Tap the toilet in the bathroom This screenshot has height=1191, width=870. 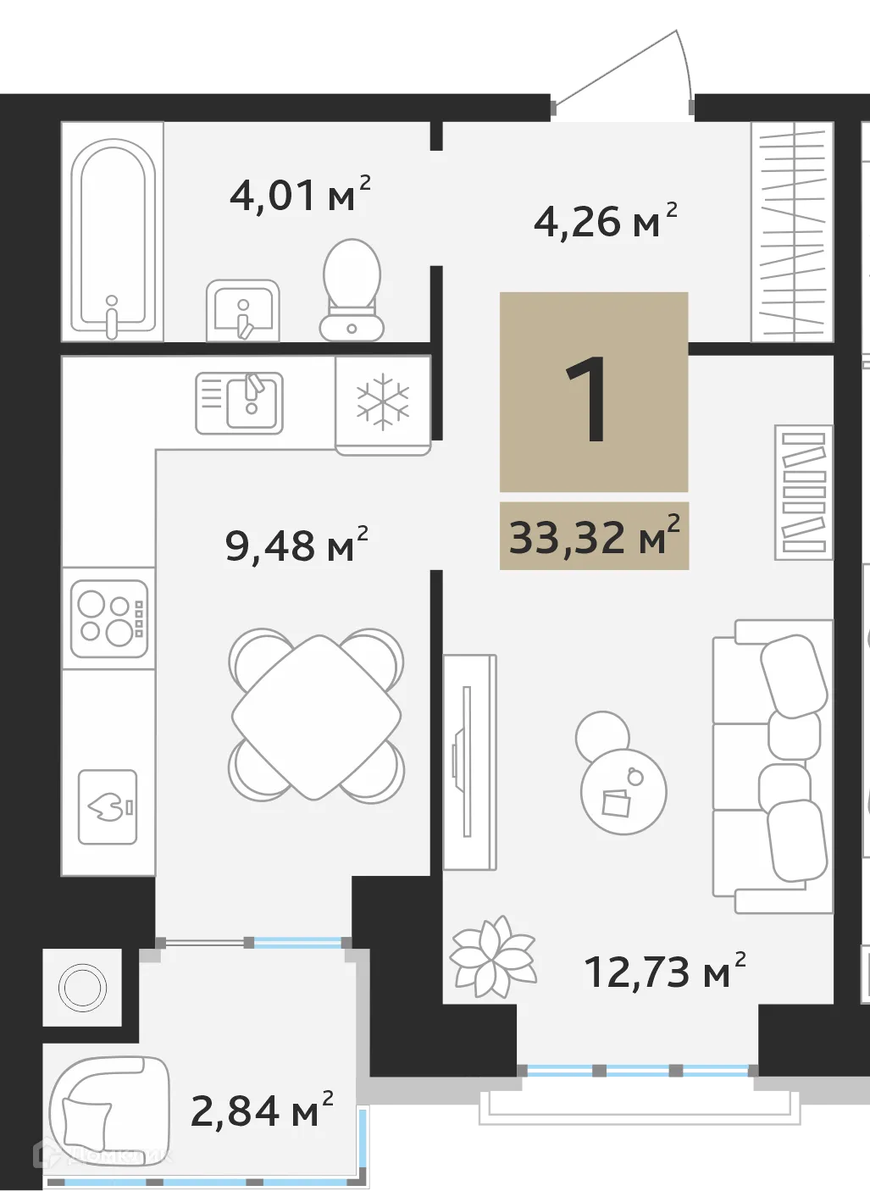[352, 289]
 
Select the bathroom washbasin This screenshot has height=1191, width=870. [243, 310]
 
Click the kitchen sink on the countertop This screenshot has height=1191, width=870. [240, 403]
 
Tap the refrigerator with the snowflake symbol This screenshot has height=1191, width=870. [383, 403]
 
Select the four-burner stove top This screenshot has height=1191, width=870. [109, 618]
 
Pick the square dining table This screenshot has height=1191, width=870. [316, 717]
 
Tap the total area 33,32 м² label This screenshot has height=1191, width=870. [594, 536]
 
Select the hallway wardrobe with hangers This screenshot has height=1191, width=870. [792, 231]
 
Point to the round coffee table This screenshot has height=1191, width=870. [623, 791]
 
